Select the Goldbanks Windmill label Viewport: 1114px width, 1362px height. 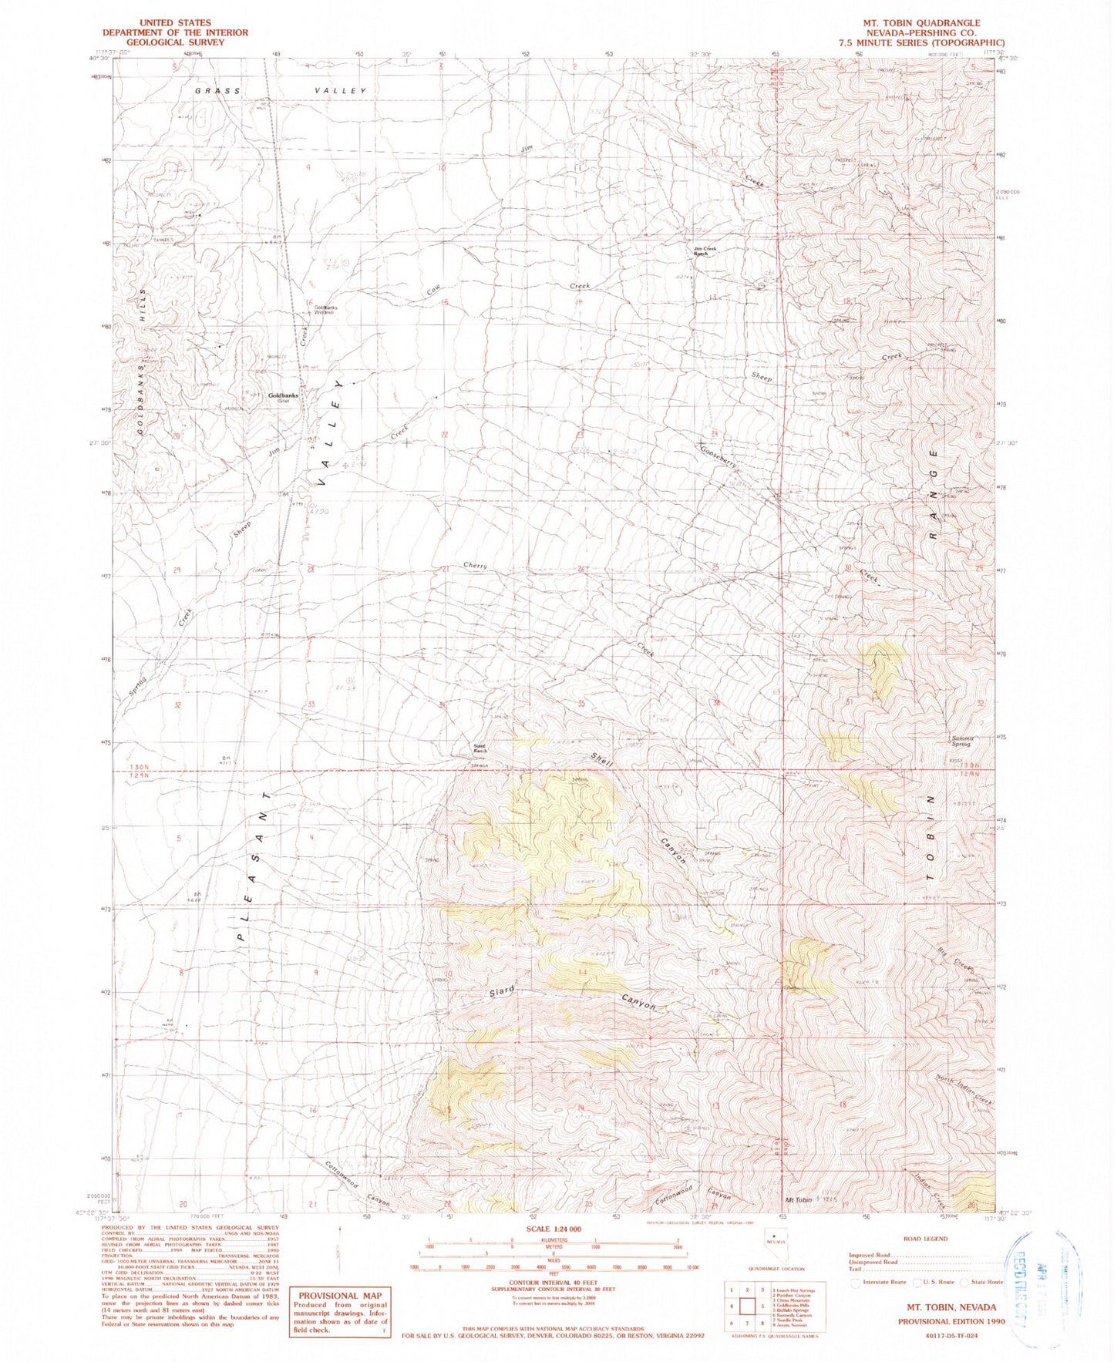pyautogui.click(x=325, y=310)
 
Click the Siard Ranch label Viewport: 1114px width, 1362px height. pyautogui.click(x=480, y=748)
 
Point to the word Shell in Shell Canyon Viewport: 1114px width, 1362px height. pyautogui.click(x=602, y=759)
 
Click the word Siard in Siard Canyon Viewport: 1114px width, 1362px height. pyautogui.click(x=501, y=992)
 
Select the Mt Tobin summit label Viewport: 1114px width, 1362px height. pyautogui.click(x=799, y=1200)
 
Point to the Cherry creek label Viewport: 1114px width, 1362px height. pyautogui.click(x=476, y=566)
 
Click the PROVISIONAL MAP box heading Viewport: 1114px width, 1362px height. pyautogui.click(x=340, y=1296)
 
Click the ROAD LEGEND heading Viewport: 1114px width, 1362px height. pyautogui.click(x=927, y=1238)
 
